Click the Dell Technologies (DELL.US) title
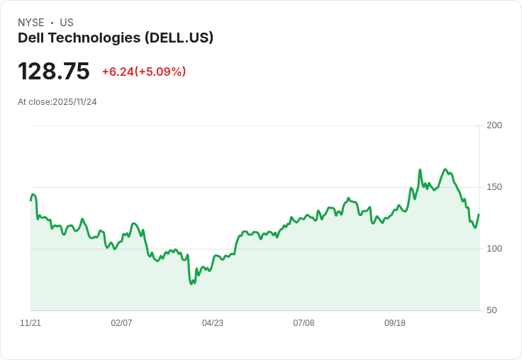point(116,38)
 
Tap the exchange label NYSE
point(31,23)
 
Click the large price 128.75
point(54,72)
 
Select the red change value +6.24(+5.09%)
point(144,72)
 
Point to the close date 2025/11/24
point(74,102)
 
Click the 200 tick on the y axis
point(494,125)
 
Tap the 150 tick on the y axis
point(494,187)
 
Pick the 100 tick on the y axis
point(494,249)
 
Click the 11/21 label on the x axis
point(30,323)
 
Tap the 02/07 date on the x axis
point(121,323)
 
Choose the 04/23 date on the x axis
point(213,323)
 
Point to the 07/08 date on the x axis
point(304,323)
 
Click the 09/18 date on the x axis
point(395,323)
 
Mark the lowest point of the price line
point(191,284)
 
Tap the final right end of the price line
point(479,215)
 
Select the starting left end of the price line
point(30,201)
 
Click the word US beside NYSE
point(67,23)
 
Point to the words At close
point(34,102)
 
